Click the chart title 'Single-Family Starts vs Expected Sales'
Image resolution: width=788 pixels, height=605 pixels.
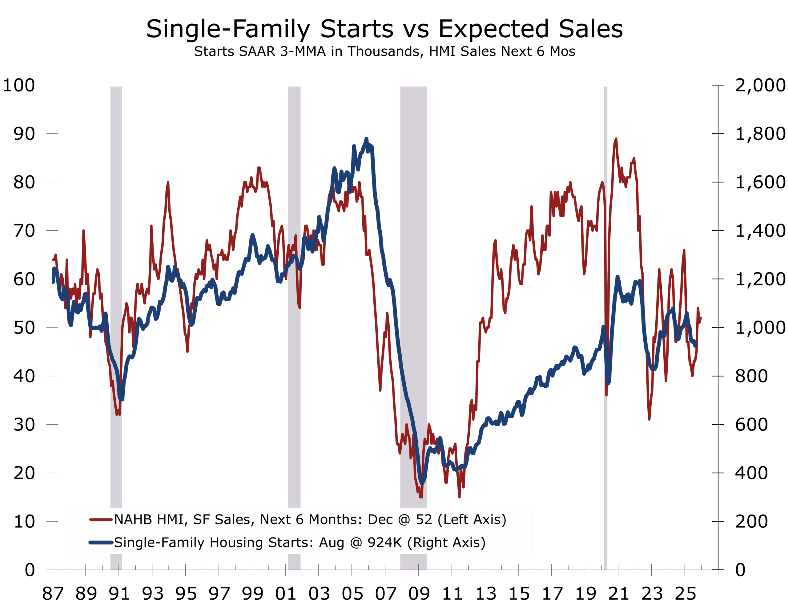pyautogui.click(x=384, y=29)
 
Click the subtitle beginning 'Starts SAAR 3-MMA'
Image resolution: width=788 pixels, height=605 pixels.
pyautogui.click(x=384, y=51)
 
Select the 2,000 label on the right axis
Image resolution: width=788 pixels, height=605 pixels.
pyautogui.click(x=760, y=86)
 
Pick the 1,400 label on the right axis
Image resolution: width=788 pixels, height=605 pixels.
pyautogui.click(x=760, y=231)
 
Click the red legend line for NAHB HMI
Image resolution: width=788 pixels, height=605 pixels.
pyautogui.click(x=101, y=520)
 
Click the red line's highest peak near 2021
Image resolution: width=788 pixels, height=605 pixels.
pyautogui.click(x=616, y=139)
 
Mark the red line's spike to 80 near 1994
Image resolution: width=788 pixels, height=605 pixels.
pyautogui.click(x=168, y=183)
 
